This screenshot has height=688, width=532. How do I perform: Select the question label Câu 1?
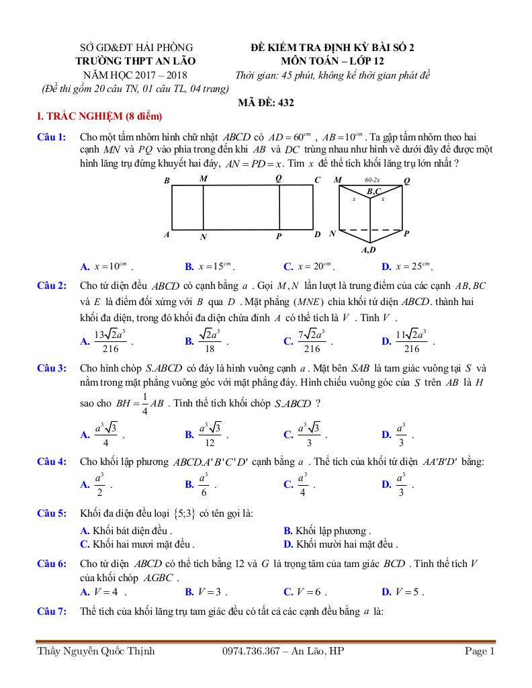(51, 137)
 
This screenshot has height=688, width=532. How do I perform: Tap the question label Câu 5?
(51, 514)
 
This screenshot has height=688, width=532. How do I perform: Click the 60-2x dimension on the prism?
(372, 180)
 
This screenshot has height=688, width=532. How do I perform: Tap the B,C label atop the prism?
(374, 191)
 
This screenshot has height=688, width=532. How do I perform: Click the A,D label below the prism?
(368, 251)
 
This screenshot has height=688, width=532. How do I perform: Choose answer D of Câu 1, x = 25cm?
(414, 265)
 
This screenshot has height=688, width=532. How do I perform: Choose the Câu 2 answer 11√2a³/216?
(412, 341)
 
